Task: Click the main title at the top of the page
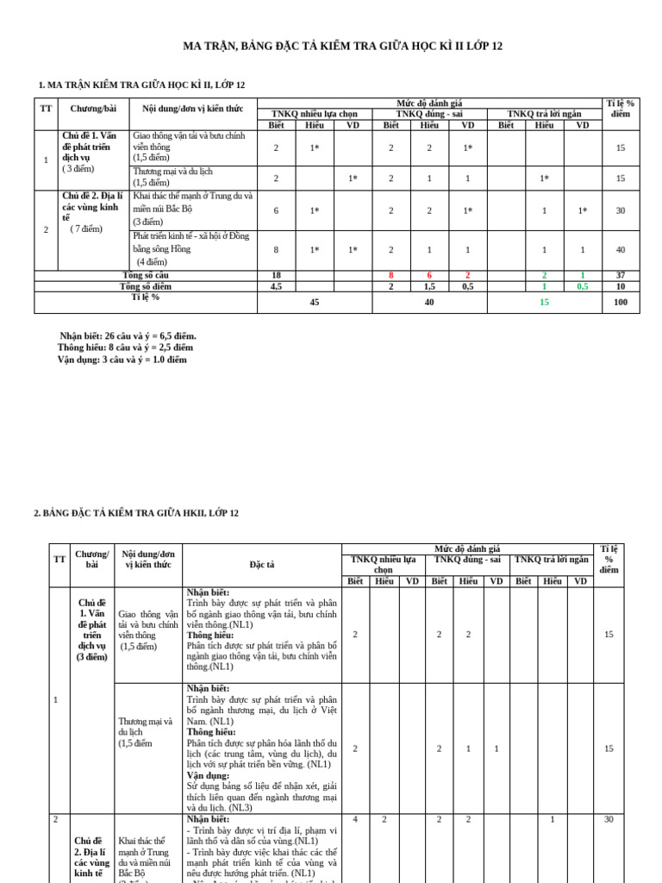click(x=342, y=46)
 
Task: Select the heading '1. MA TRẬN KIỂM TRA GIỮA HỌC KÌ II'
click(x=142, y=85)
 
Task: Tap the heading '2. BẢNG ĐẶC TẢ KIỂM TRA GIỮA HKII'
click(x=136, y=513)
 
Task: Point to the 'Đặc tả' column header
click(x=262, y=564)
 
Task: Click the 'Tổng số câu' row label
click(x=146, y=275)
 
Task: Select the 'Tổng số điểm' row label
click(x=146, y=286)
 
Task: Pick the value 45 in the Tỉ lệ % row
click(x=315, y=303)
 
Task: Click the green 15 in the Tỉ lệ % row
click(x=544, y=303)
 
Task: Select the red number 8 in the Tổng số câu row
click(x=390, y=275)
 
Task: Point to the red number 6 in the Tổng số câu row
click(x=429, y=275)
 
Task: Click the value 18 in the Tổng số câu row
click(x=276, y=275)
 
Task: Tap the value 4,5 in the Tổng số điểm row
click(x=276, y=286)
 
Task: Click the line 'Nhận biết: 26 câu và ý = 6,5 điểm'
click(x=128, y=335)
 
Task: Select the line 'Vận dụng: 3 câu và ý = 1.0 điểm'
click(x=122, y=360)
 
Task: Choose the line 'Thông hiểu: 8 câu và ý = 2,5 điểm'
click(x=125, y=348)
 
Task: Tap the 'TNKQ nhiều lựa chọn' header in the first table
click(x=314, y=113)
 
